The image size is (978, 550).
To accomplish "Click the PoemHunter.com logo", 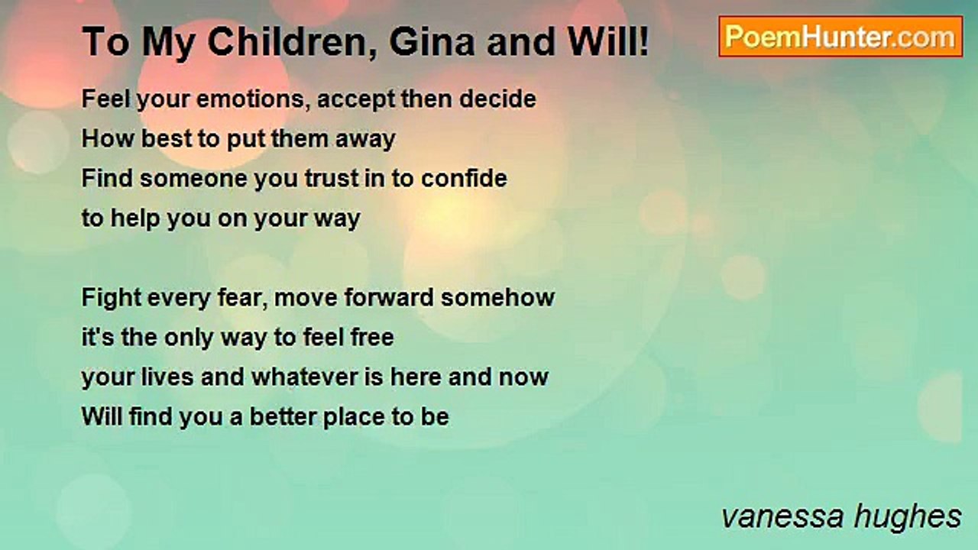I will [x=840, y=37].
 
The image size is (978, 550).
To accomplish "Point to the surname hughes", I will [x=912, y=516].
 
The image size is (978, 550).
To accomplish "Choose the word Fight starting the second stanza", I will [x=112, y=297].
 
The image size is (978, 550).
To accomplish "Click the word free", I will [x=371, y=337].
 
